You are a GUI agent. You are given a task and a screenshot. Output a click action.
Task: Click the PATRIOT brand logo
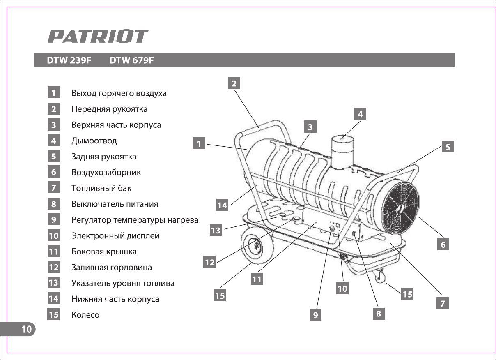[98, 36]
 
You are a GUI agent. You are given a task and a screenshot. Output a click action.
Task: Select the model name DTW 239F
[69, 60]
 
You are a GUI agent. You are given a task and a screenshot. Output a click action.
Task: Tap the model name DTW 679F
[131, 60]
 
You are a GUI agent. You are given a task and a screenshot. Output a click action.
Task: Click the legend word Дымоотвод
[94, 141]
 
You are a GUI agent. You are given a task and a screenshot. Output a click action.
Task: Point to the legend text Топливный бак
[101, 188]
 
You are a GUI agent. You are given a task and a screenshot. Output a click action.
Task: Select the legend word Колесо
[85, 315]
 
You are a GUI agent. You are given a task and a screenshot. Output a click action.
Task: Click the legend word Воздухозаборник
[106, 172]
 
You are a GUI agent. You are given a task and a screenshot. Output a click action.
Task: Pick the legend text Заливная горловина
[112, 267]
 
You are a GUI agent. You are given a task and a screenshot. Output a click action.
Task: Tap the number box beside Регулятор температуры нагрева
[54, 219]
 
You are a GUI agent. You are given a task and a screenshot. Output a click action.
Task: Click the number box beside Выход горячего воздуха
[54, 93]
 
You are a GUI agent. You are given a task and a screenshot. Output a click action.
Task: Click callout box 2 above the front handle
[234, 83]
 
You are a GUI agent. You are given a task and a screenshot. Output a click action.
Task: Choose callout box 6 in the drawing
[443, 245]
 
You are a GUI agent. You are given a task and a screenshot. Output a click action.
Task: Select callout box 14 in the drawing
[222, 205]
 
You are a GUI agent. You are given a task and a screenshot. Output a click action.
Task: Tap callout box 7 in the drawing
[442, 303]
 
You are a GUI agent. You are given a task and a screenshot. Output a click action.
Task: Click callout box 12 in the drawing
[210, 262]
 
